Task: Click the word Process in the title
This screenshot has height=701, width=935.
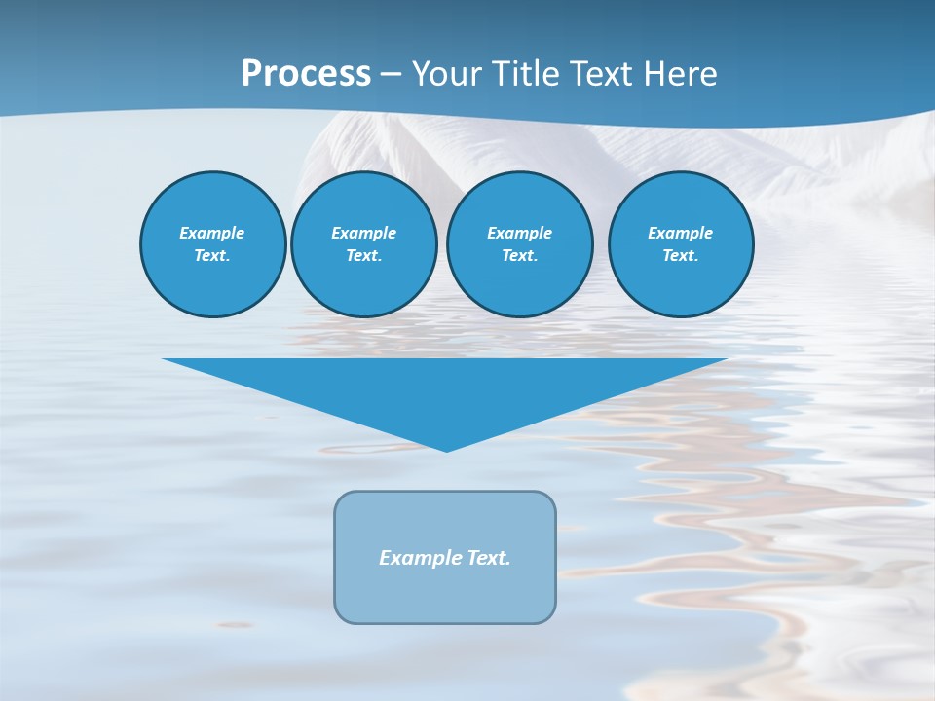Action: pyautogui.click(x=306, y=74)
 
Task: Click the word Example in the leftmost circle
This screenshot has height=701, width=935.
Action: pyautogui.click(x=212, y=233)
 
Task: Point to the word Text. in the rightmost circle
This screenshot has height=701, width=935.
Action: pyautogui.click(x=681, y=255)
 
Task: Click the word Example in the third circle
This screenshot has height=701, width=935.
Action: pyautogui.click(x=519, y=233)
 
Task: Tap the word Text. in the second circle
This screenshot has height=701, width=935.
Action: pyautogui.click(x=364, y=255)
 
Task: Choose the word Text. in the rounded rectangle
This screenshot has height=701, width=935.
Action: pyautogui.click(x=489, y=558)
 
